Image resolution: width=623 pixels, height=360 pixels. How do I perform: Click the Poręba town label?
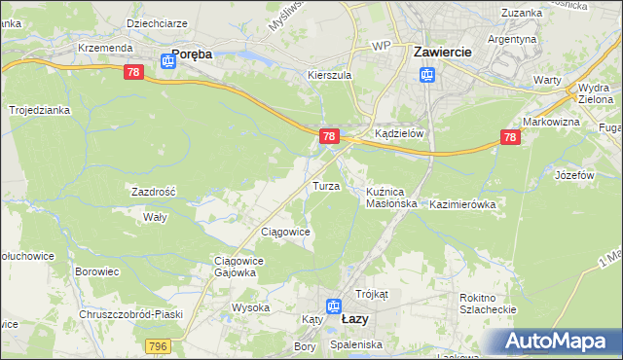click(192, 55)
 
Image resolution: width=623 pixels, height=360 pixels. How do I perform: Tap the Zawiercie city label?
click(443, 50)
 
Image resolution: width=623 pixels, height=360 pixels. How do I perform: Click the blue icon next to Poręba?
click(167, 61)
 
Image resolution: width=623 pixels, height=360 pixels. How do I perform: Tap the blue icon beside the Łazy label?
click(334, 306)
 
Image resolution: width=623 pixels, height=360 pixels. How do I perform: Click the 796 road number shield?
click(159, 345)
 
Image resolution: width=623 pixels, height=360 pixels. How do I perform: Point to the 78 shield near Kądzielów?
click(330, 136)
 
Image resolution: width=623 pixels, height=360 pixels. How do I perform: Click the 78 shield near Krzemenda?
click(135, 73)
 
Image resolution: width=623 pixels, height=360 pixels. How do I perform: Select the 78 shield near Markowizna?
click(510, 139)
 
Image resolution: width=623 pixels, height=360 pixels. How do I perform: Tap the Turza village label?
click(325, 185)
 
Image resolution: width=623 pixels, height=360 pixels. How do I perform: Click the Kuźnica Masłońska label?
click(392, 198)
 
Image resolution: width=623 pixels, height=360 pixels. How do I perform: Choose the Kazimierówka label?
click(462, 204)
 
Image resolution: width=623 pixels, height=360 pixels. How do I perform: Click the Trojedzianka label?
click(40, 110)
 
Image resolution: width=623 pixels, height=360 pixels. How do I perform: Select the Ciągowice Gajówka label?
click(235, 267)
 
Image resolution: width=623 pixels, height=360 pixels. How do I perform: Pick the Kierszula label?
click(328, 74)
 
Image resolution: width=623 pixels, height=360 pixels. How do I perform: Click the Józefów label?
click(574, 175)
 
